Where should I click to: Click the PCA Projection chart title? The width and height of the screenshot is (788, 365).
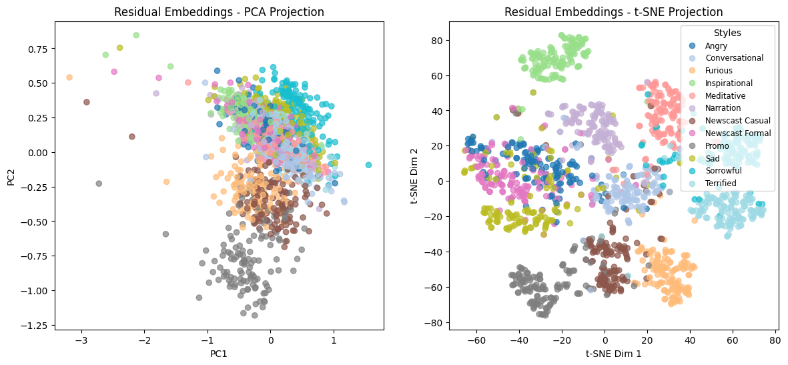tap(219, 12)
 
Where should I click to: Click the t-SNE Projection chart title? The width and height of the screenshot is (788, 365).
tap(613, 12)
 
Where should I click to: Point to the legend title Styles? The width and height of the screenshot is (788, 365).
tap(727, 33)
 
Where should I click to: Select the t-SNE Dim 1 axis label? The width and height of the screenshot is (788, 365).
tap(613, 354)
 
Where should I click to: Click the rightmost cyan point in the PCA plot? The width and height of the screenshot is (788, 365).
tap(368, 165)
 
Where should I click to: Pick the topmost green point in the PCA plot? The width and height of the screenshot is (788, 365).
tap(136, 35)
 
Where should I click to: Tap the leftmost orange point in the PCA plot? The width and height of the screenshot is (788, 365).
tap(69, 77)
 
